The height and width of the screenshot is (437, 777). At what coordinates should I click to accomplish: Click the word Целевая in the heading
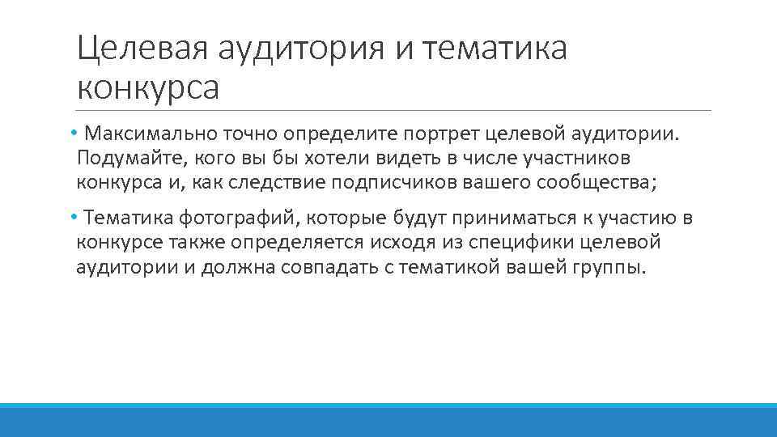[x=142, y=49]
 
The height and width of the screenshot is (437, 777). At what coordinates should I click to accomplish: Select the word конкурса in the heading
[x=148, y=87]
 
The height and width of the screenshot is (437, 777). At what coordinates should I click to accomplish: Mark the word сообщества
[x=595, y=182]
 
